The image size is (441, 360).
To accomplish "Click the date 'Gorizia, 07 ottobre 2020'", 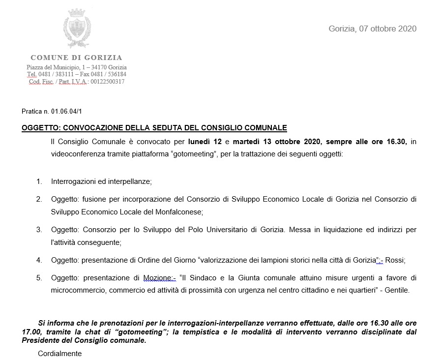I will (372, 29).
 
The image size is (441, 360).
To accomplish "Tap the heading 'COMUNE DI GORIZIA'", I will (76, 58).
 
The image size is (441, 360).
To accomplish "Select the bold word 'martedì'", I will (247, 142).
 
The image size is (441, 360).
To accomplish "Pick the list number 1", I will (39, 181).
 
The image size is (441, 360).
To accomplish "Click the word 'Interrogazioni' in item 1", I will (73, 181).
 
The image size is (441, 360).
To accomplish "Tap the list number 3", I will (39, 230).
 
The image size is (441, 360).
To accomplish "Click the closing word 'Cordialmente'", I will (60, 353).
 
